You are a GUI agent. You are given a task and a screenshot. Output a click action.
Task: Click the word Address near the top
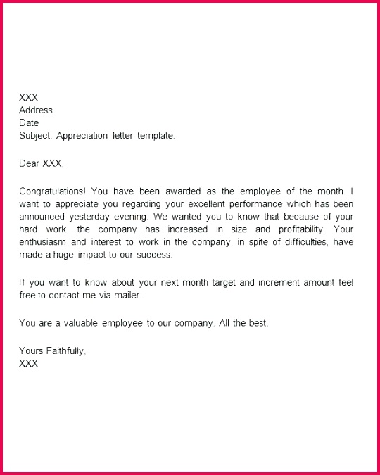[x=36, y=110]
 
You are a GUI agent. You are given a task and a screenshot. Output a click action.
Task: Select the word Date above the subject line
[x=30, y=123]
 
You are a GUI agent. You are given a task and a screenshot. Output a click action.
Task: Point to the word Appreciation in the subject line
[x=84, y=136]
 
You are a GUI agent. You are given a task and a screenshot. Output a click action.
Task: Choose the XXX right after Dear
[x=53, y=164]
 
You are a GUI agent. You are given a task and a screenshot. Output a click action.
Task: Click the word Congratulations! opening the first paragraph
[x=53, y=191]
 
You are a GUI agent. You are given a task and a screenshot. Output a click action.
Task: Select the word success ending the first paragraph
[x=154, y=255]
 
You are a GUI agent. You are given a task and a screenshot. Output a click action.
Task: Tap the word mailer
[x=127, y=296]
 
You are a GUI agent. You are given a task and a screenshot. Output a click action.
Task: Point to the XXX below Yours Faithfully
[x=29, y=364]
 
